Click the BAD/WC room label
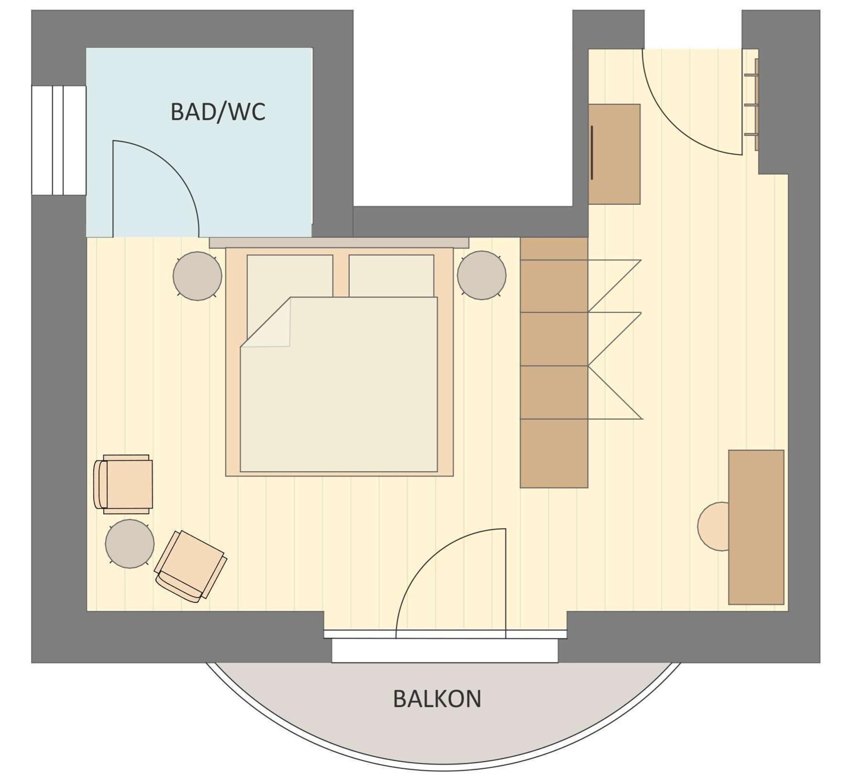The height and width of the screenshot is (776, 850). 217,112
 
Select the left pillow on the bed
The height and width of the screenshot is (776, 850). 290,275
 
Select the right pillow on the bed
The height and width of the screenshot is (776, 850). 391,275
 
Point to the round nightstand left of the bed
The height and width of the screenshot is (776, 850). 197,276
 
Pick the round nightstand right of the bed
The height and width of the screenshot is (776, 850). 481,275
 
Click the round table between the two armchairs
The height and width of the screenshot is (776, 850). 129,543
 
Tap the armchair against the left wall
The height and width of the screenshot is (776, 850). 125,484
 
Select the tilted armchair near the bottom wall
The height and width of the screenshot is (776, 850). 191,565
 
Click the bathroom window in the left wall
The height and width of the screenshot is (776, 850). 59,140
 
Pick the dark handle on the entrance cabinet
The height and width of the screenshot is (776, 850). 592,152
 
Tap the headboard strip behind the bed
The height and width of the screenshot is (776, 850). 339,242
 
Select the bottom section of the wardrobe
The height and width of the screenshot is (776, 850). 554,453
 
